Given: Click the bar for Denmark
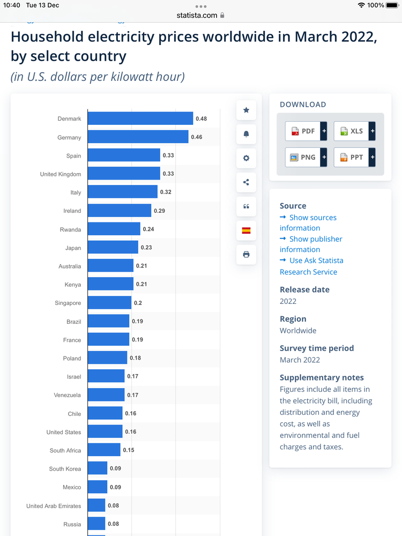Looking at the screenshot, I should [140, 118].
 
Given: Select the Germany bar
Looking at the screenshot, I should [138, 137].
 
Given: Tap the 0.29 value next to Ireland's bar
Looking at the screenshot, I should [159, 211].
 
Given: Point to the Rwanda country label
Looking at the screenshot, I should [70, 229].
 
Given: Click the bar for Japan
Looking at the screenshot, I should [113, 247].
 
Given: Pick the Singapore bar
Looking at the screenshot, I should [109, 303].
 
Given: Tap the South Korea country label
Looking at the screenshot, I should [65, 469].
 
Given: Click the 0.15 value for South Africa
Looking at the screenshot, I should [129, 450].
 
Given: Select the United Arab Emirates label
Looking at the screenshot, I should [54, 506].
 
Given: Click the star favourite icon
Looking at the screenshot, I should [246, 110].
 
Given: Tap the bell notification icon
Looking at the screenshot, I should [246, 134].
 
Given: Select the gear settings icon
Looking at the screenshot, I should [246, 158].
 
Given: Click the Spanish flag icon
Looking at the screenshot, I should [246, 230].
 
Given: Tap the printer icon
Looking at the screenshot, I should [246, 255].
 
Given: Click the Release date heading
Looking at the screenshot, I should [304, 289].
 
